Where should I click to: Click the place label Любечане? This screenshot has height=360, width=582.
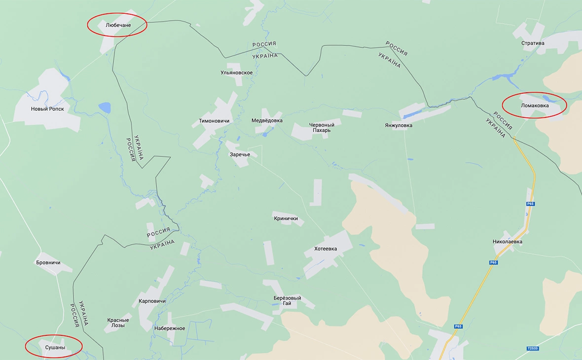point(117,25)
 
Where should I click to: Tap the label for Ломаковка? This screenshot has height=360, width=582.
point(534,105)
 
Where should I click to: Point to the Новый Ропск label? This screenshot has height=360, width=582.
point(47,109)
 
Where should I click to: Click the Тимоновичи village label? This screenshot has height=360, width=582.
point(214,121)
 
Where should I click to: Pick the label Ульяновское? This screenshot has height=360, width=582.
point(237,73)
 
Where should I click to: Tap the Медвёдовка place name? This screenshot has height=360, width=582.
point(267,120)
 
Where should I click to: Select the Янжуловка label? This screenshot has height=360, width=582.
point(399,125)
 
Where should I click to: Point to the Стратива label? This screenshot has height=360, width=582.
point(533,43)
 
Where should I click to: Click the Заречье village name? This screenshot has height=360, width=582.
point(240,154)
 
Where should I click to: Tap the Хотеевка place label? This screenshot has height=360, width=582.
point(326,249)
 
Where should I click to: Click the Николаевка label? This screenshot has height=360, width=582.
point(508,242)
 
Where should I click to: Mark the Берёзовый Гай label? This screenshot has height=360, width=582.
point(287,301)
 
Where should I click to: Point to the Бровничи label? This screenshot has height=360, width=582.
point(48,262)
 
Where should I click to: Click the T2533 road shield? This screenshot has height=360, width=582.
point(533,349)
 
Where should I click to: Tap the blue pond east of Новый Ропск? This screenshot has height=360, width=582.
point(105,107)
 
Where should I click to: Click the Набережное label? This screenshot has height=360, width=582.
point(169,328)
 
